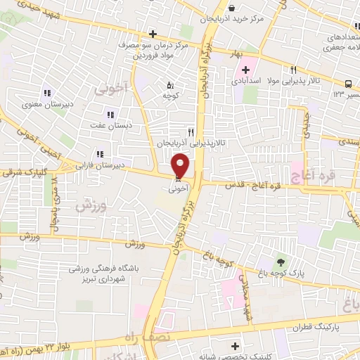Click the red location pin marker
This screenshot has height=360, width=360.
(x=181, y=166)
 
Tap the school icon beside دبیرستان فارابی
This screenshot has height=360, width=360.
(x=101, y=154)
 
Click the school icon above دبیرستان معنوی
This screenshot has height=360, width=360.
(x=47, y=93)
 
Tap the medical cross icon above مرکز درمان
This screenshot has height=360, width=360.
(x=153, y=33)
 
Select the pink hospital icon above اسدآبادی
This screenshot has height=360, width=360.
(x=245, y=70)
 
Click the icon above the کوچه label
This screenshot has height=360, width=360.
(x=167, y=85)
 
